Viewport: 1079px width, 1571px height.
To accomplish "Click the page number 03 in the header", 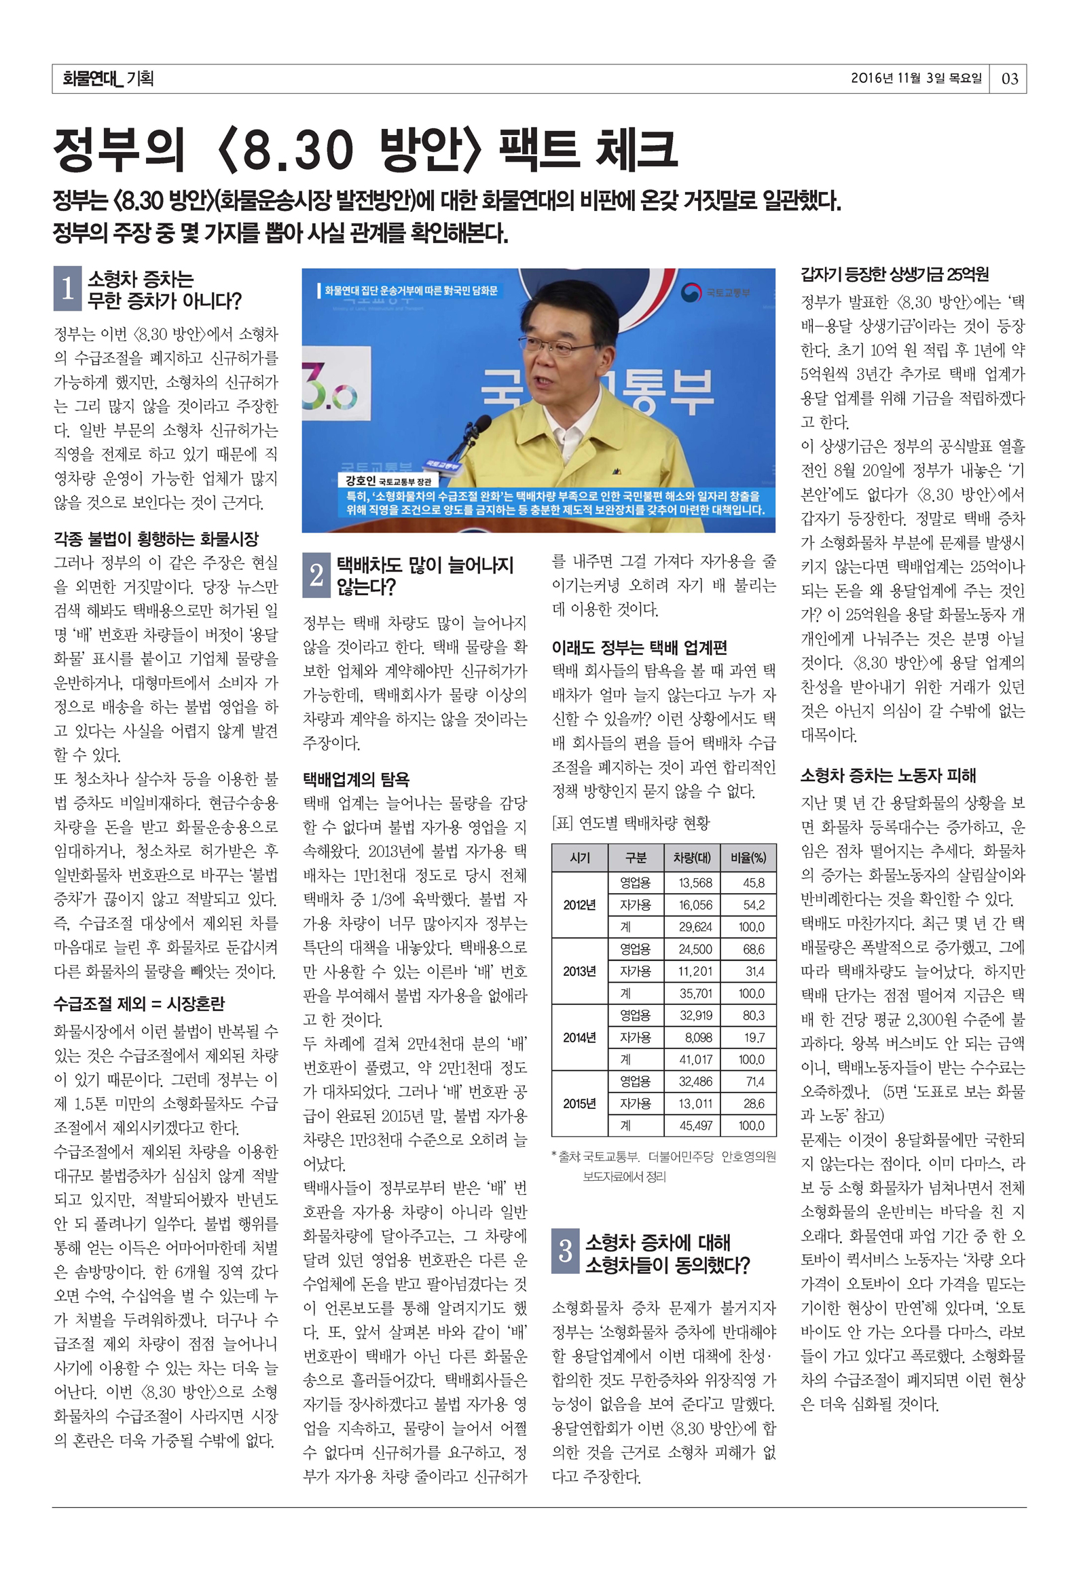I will (1010, 79).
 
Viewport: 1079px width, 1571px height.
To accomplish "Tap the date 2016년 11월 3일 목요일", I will (916, 78).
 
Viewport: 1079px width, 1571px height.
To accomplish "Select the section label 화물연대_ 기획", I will (107, 79).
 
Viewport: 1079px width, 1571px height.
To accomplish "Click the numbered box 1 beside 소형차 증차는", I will (67, 289).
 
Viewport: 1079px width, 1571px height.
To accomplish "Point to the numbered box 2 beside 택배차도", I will (316, 575).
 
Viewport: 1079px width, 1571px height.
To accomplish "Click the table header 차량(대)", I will (692, 858).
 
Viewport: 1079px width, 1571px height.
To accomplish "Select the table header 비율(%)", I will (748, 858).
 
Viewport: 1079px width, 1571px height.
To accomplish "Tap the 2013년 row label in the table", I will (579, 971).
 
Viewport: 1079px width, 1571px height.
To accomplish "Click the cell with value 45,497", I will (696, 1126).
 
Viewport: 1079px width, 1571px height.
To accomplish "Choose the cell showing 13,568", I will (696, 883).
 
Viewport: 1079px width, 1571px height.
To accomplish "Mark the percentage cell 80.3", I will (753, 1015).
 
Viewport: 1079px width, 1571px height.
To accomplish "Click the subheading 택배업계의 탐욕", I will (356, 779).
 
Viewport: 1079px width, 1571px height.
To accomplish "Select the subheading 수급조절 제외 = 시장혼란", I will (139, 1004).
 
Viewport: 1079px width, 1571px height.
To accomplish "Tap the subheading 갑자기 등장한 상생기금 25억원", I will (894, 275).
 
